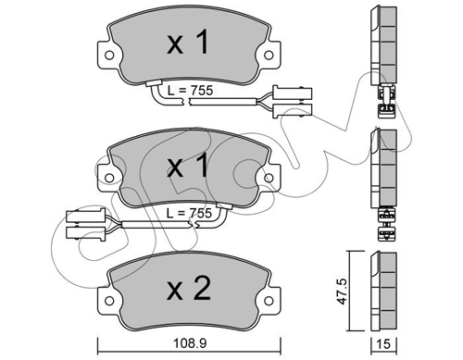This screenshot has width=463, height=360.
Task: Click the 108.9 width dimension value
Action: [190, 343]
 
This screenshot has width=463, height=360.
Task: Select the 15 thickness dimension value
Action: [383, 344]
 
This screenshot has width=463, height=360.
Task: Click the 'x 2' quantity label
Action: [189, 289]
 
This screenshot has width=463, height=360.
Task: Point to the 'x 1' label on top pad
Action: [188, 43]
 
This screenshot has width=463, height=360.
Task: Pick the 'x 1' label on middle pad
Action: [188, 166]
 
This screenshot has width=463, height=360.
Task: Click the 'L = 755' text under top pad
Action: [190, 91]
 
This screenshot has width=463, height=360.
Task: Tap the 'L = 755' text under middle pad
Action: [189, 213]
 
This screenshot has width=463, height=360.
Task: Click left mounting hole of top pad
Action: [109, 56]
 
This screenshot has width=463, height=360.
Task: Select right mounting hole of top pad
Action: [269, 56]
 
